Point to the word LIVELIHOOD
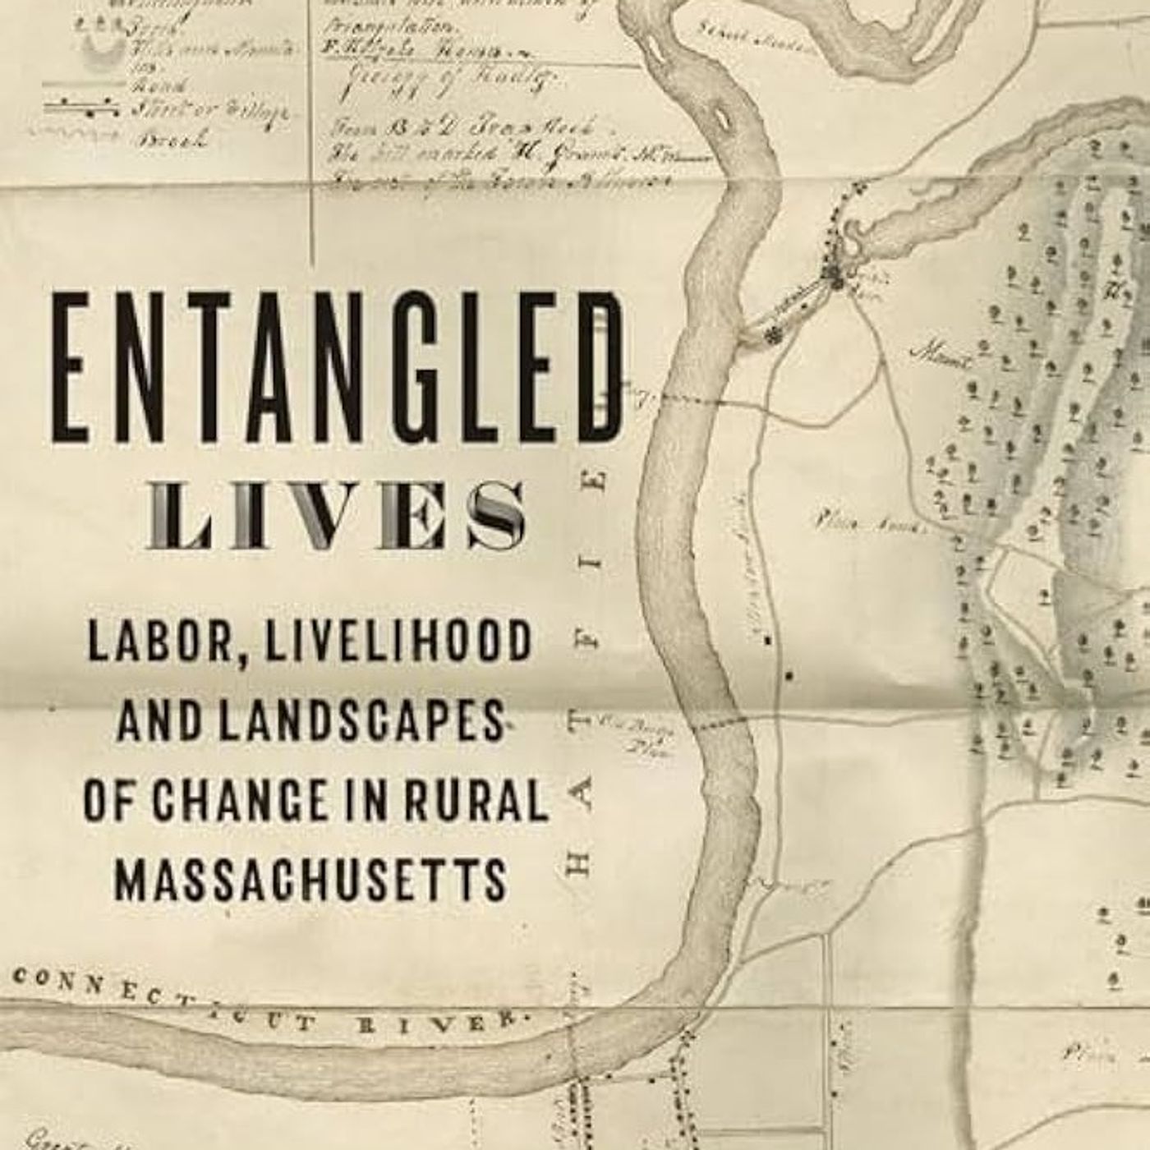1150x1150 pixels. pos(398,642)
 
